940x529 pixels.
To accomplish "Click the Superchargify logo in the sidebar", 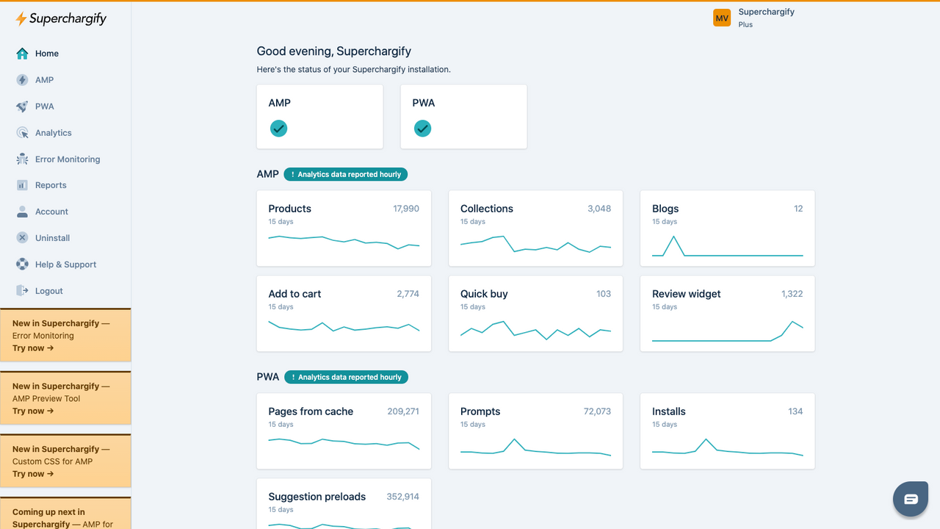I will click(61, 19).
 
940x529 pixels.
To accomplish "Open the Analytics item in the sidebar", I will click(53, 133).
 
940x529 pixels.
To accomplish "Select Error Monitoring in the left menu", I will click(67, 159).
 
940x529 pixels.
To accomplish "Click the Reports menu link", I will click(51, 185).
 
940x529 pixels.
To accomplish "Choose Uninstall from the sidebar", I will click(52, 238).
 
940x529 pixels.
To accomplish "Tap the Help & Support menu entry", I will click(65, 264).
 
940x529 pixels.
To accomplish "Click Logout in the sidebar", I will click(48, 291).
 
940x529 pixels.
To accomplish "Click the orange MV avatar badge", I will click(722, 18).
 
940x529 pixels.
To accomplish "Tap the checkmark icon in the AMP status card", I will click(278, 129).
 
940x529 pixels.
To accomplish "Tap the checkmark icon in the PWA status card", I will click(422, 129).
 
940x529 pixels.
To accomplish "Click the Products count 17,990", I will click(406, 209).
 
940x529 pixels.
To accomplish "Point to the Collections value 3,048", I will click(599, 209).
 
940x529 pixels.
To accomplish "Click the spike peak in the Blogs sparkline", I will click(674, 237).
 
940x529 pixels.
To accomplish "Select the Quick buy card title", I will click(484, 294).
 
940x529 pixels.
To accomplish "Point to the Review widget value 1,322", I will click(792, 294).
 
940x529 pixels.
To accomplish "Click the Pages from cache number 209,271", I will click(403, 411).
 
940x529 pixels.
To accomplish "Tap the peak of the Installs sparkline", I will click(706, 439).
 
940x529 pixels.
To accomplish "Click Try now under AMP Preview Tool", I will click(33, 411).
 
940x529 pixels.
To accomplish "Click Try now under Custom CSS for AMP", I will click(33, 474).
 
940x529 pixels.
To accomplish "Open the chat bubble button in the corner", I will click(911, 500).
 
